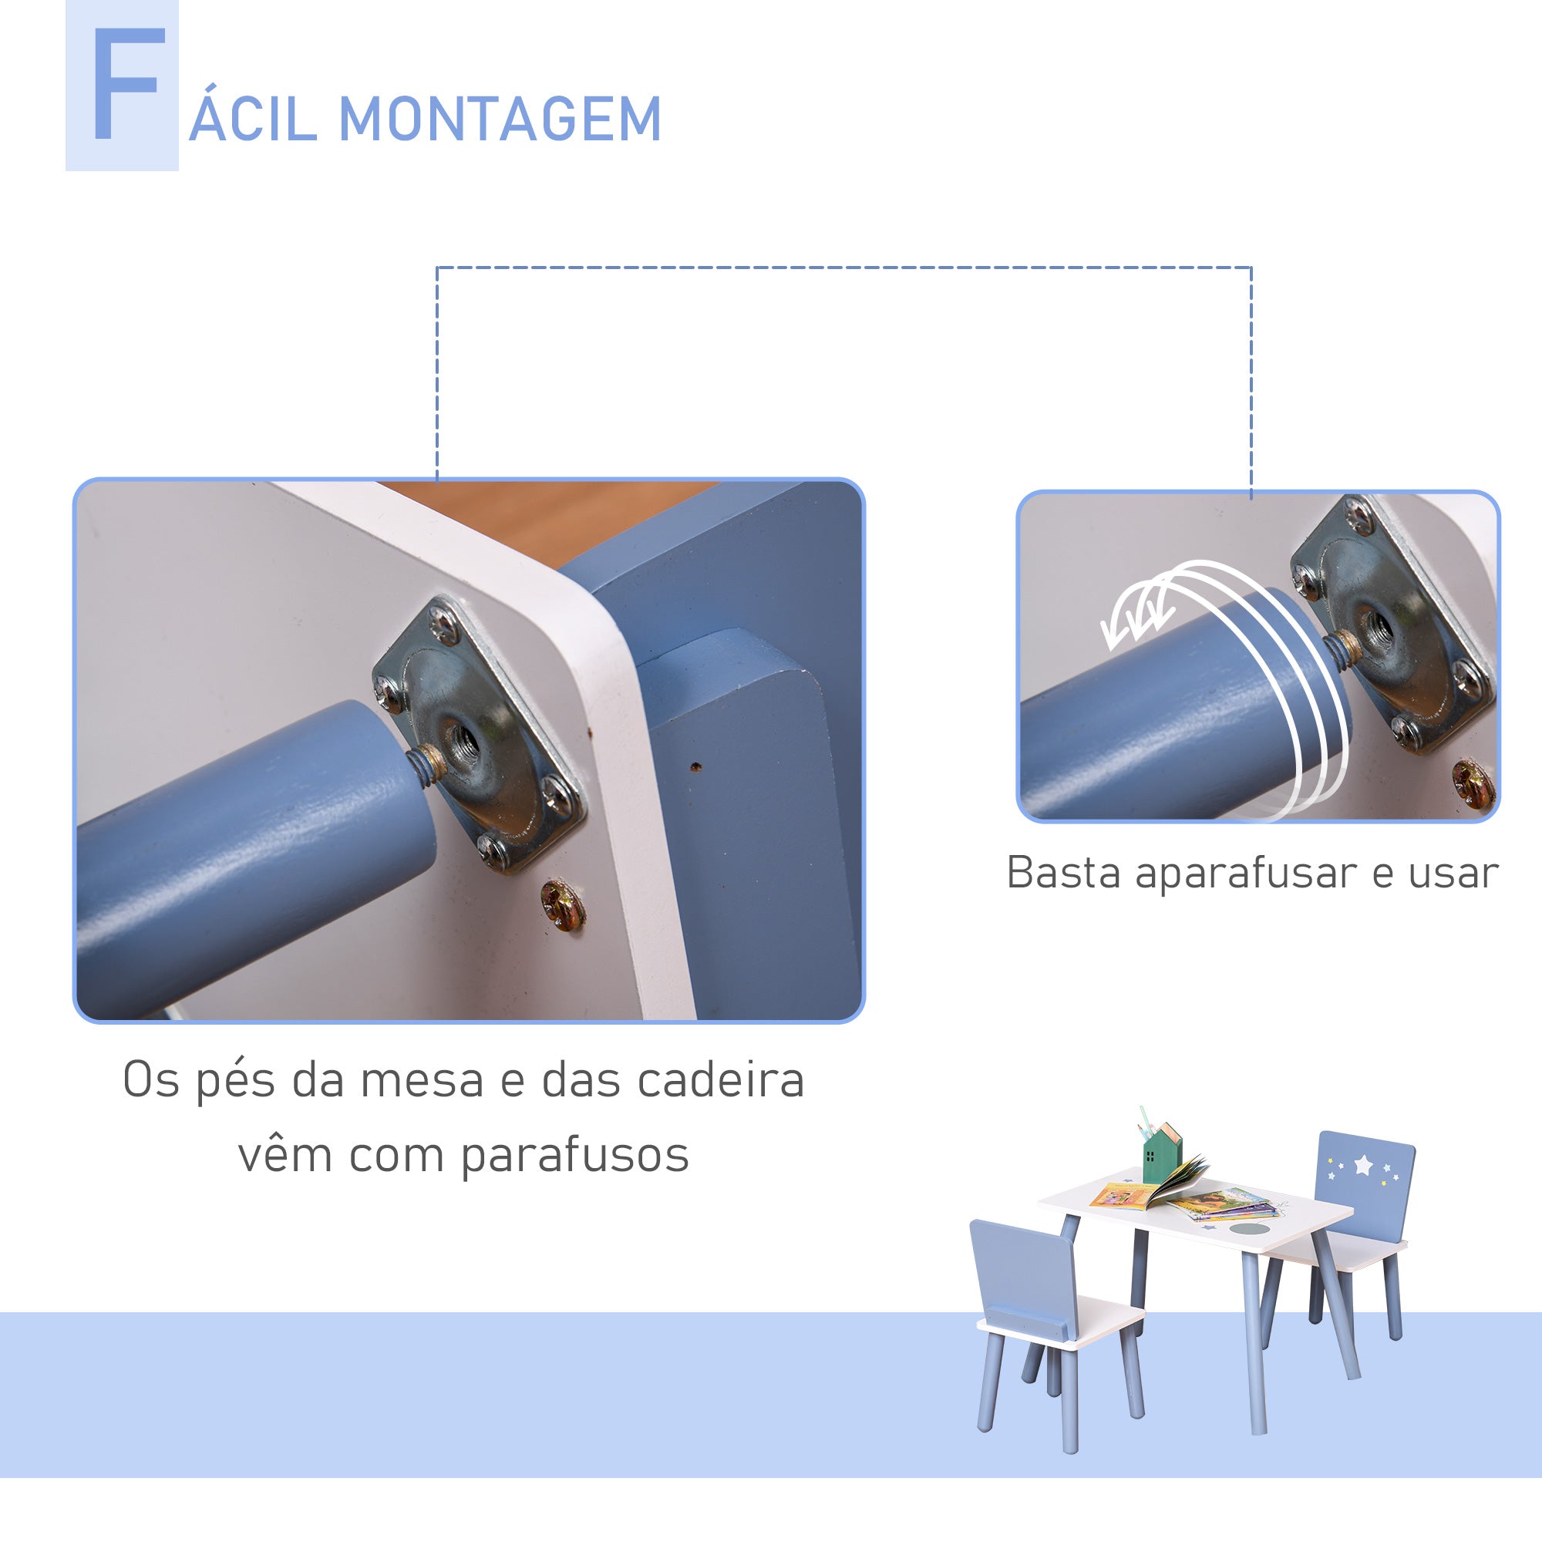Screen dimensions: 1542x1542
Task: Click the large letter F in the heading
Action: pyautogui.click(x=128, y=86)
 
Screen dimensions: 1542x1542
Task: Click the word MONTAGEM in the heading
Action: pyautogui.click(x=500, y=120)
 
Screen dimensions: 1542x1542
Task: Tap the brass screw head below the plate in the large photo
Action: pyautogui.click(x=563, y=905)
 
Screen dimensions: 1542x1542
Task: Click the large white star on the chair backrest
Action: pyautogui.click(x=1363, y=1166)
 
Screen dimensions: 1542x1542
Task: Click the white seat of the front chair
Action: pyautogui.click(x=1062, y=1324)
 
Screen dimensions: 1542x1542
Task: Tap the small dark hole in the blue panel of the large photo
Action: pyautogui.click(x=695, y=767)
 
